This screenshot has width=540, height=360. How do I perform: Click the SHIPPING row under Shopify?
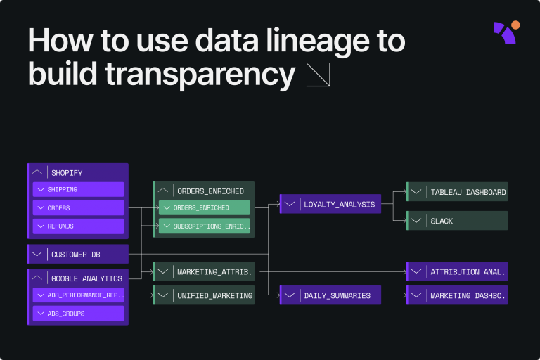coord(78,189)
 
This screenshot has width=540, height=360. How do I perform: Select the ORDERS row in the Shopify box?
coord(78,207)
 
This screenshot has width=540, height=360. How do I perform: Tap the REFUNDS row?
coord(78,226)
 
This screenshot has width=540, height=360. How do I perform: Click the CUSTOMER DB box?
coord(78,254)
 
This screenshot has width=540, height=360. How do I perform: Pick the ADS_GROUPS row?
coord(78,313)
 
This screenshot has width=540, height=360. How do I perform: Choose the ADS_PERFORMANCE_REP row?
coord(78,295)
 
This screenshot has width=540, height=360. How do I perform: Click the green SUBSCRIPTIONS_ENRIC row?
coord(204,226)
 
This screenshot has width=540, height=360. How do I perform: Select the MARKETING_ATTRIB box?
coord(204,271)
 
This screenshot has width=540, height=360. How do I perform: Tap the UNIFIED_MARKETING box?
coord(204,295)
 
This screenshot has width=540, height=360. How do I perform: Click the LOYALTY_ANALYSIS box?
coord(330,205)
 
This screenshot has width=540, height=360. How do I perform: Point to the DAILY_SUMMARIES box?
coord(330,295)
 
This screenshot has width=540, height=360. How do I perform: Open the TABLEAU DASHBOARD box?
coord(457,192)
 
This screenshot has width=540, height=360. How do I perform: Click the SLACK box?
coord(457,221)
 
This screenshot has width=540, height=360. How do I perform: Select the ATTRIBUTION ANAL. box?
coord(457,271)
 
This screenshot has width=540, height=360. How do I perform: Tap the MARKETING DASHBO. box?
coord(457,295)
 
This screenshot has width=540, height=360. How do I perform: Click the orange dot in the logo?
coord(516,25)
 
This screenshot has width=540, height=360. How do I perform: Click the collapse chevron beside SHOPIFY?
coord(38,172)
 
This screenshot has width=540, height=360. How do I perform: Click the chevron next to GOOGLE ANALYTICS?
coord(38,278)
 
